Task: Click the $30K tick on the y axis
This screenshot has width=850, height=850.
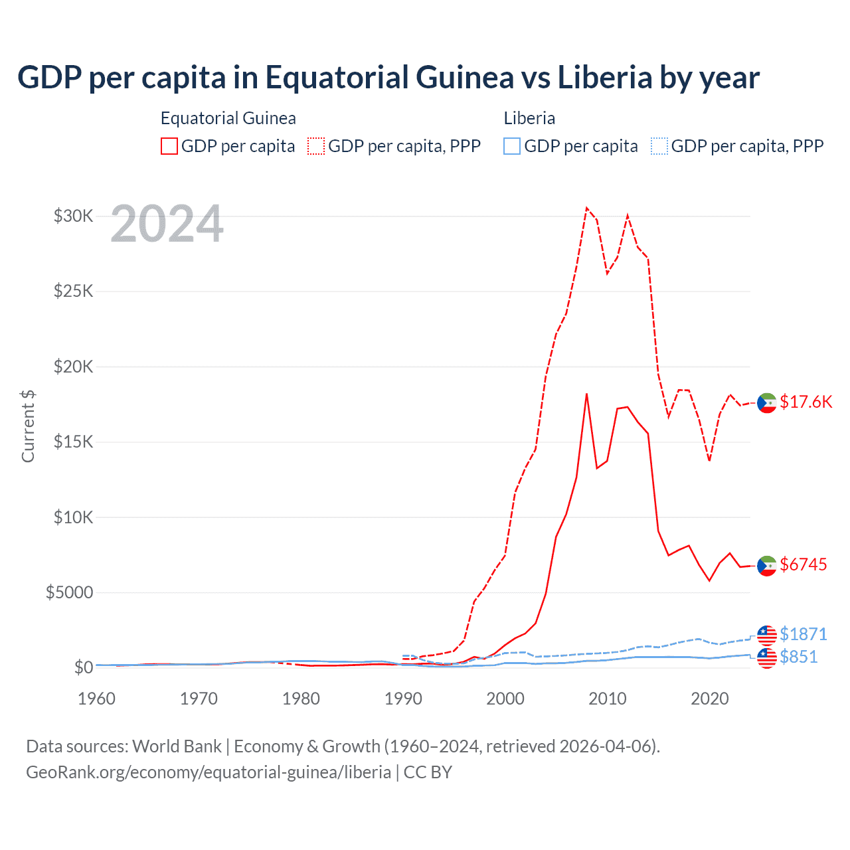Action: click(x=73, y=216)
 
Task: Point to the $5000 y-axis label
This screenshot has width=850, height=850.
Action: click(x=69, y=592)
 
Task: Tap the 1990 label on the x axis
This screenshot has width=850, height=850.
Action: click(x=403, y=699)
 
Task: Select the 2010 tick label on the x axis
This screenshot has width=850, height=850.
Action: click(x=608, y=699)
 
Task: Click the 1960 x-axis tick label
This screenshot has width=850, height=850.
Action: click(x=97, y=699)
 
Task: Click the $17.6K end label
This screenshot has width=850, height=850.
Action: click(x=806, y=402)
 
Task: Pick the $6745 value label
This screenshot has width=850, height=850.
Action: click(x=804, y=564)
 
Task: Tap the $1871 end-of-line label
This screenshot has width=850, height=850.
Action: click(x=804, y=634)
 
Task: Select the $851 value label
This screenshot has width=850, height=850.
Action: click(x=799, y=657)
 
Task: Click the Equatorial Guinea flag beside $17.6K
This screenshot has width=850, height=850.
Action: click(x=767, y=402)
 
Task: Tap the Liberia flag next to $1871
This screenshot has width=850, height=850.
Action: click(x=767, y=635)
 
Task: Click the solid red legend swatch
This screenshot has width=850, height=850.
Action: click(x=169, y=146)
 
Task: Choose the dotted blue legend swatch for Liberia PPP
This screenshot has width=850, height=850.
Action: click(x=659, y=146)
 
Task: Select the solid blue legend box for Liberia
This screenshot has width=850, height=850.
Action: click(x=512, y=146)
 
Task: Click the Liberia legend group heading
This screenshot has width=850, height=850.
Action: click(x=529, y=118)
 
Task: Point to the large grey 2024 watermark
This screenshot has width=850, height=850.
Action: click(x=167, y=224)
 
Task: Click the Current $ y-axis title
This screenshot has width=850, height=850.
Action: click(x=28, y=426)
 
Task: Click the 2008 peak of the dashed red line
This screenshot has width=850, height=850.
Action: click(x=586, y=208)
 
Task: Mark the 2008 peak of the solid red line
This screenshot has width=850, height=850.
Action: click(x=586, y=394)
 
